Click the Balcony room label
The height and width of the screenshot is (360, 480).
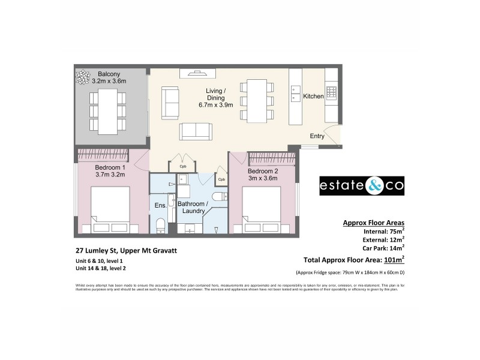pyautogui.click(x=109, y=74)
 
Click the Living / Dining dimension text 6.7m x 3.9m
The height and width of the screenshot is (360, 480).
pyautogui.click(x=212, y=106)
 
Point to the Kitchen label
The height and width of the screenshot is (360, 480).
pyautogui.click(x=313, y=96)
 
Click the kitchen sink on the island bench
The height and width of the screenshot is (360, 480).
pyautogui.click(x=296, y=94)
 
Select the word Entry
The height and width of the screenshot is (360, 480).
pyautogui.click(x=317, y=136)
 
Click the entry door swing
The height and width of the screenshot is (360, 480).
pyautogui.click(x=332, y=135)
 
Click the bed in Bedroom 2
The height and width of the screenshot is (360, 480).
pyautogui.click(x=262, y=207)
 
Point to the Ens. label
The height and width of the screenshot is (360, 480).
pyautogui.click(x=160, y=206)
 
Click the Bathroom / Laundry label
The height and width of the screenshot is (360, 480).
pyautogui.click(x=193, y=208)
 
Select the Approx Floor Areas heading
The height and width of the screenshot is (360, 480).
pyautogui.click(x=373, y=222)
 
